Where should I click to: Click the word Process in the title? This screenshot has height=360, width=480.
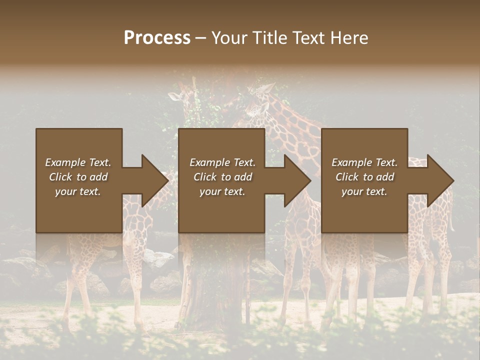click(157, 38)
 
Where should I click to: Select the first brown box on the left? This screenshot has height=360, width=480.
click(79, 215)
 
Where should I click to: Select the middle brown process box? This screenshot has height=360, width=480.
click(221, 215)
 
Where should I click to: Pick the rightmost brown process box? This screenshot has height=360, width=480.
click(364, 215)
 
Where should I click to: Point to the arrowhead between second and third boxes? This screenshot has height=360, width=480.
click(297, 180)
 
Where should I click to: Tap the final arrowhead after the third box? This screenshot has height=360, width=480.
click(439, 180)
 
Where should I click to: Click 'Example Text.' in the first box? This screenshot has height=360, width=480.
click(78, 162)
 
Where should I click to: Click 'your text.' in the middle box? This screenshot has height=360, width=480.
click(222, 191)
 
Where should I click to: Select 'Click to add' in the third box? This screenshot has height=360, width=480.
click(364, 177)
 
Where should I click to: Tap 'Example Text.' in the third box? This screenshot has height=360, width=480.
click(364, 162)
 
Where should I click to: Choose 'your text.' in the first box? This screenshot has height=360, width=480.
click(78, 191)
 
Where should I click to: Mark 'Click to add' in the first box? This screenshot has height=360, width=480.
click(78, 177)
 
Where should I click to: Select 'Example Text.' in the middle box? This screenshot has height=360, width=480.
click(222, 162)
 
